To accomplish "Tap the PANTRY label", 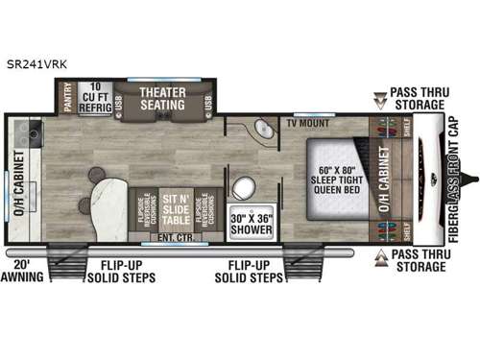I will (x=67, y=98).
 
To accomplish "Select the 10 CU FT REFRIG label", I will (x=94, y=98).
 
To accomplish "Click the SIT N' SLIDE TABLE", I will (x=175, y=204).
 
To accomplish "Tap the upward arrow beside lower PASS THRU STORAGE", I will (x=380, y=256).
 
